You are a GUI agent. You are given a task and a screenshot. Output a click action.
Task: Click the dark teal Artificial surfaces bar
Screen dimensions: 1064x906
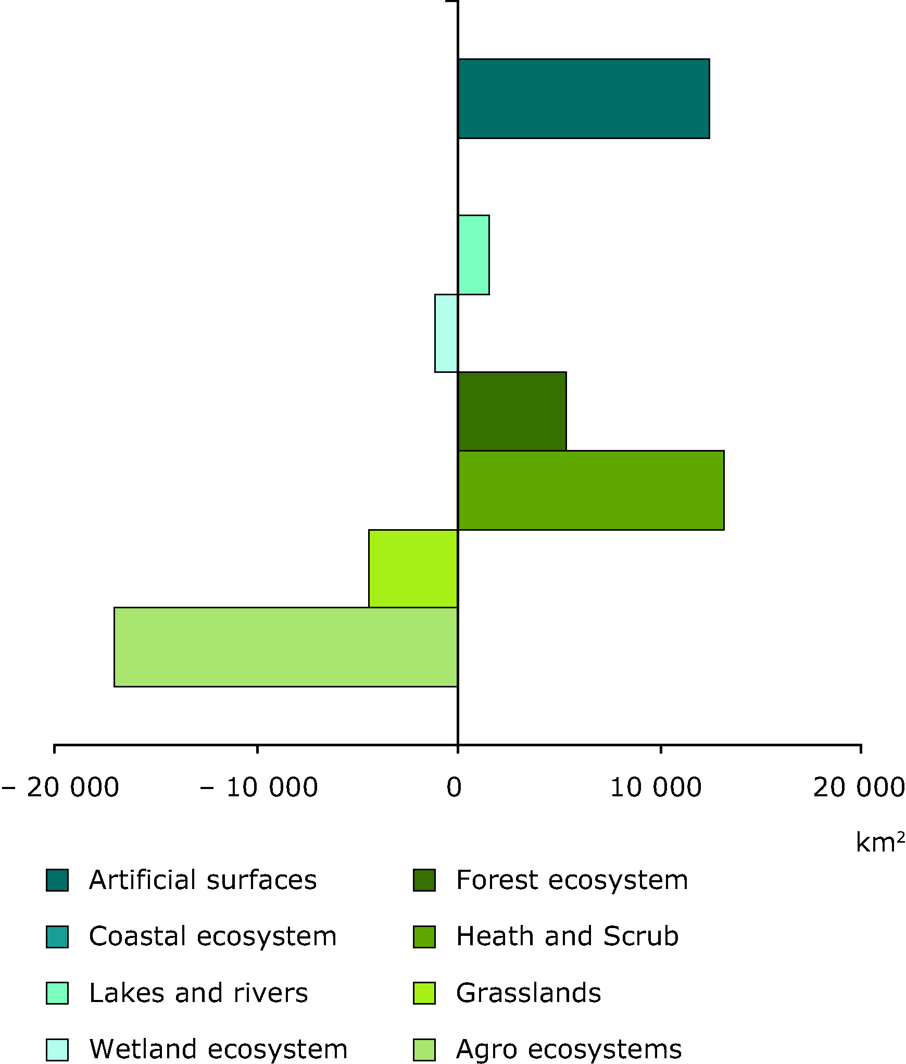click(x=583, y=99)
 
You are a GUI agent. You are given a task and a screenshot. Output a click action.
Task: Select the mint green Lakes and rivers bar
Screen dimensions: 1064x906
click(x=473, y=255)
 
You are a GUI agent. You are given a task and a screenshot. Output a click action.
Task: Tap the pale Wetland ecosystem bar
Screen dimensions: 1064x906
click(x=446, y=333)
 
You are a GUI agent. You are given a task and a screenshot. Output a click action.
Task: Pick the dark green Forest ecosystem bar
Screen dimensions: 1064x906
click(x=512, y=411)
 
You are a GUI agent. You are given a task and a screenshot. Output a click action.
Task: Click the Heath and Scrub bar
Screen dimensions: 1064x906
click(x=590, y=490)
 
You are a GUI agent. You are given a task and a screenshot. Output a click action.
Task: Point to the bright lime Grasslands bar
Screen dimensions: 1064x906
click(x=413, y=569)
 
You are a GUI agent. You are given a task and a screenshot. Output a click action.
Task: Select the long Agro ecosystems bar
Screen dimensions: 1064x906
click(x=285, y=647)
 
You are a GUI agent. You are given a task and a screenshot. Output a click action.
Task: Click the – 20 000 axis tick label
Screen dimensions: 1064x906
click(x=60, y=788)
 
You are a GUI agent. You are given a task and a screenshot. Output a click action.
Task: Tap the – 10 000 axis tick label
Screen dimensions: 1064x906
click(x=259, y=788)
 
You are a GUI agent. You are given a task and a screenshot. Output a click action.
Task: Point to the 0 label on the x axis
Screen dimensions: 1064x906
click(x=454, y=788)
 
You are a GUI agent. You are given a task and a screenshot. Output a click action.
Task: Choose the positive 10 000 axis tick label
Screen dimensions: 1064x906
click(x=656, y=788)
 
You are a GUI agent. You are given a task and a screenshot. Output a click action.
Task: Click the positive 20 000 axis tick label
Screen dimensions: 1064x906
click(x=859, y=788)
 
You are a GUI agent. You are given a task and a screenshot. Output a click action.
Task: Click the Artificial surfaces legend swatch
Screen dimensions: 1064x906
click(x=57, y=880)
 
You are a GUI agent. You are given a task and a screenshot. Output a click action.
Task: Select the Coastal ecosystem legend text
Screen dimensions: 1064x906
click(x=212, y=936)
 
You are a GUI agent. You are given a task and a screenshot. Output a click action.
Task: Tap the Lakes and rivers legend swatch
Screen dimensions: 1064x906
click(x=57, y=993)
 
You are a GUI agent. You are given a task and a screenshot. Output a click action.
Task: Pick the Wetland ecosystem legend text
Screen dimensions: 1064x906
click(x=218, y=1049)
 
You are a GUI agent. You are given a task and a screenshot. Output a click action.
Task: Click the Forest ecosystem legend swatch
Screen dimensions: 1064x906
click(x=424, y=880)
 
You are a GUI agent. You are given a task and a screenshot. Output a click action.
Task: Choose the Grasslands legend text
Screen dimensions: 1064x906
click(x=528, y=993)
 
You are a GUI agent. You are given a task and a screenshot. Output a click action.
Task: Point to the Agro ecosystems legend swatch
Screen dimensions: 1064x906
click(x=424, y=1049)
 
